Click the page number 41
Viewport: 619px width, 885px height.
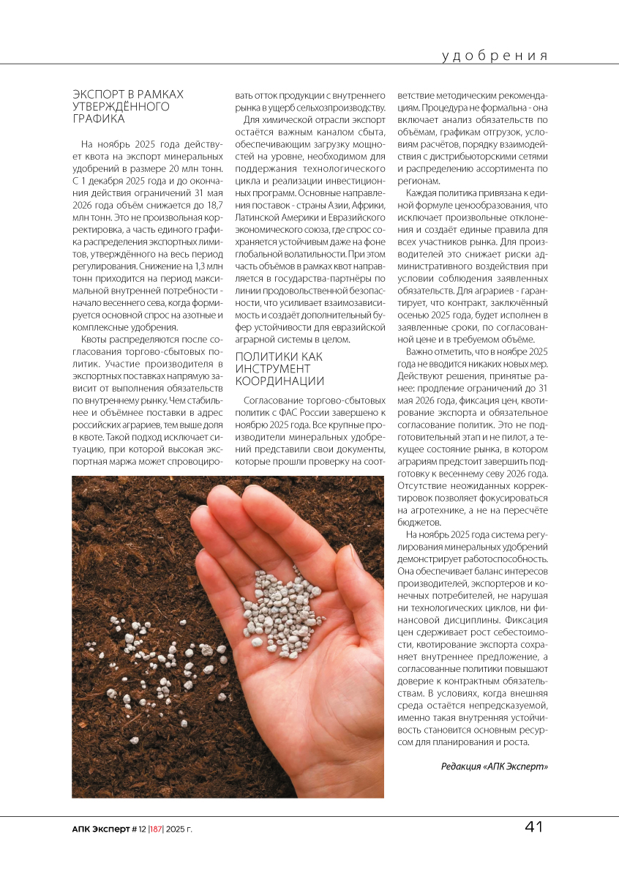(533, 827)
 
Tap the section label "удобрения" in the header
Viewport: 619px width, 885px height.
(495, 56)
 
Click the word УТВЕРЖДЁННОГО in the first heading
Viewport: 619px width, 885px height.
(121, 106)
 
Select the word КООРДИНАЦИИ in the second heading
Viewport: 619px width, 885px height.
(280, 381)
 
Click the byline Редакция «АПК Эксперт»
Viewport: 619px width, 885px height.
(495, 766)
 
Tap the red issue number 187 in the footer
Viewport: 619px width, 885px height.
(155, 829)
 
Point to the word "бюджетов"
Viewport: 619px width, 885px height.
(418, 523)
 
